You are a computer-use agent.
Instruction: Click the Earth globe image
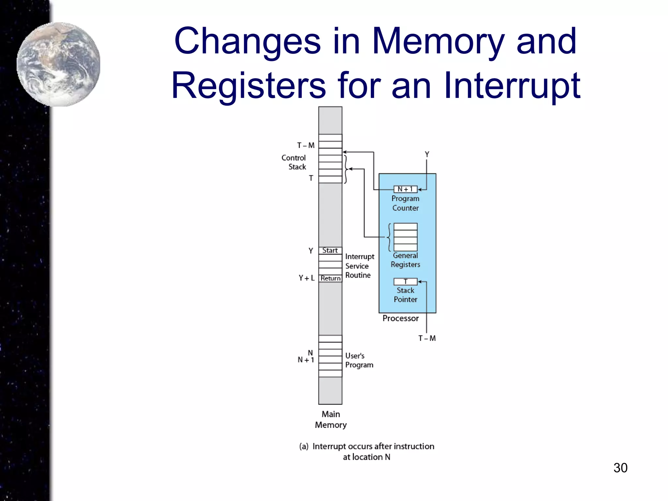pos(59,64)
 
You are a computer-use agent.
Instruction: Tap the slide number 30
pos(620,468)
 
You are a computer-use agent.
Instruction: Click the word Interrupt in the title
pos(512,85)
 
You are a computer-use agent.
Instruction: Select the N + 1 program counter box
pos(405,189)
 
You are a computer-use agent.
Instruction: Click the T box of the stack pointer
pos(405,281)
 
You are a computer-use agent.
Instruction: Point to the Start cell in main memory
pos(330,250)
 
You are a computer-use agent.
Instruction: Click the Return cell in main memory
pos(330,278)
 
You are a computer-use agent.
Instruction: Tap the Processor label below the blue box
pos(400,318)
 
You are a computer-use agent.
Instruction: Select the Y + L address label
pos(306,278)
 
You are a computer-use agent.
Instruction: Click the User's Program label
pos(359,360)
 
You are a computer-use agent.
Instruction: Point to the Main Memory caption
pos(330,419)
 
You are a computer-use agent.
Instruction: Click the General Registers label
pos(405,260)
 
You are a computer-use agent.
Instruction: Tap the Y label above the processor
pos(427,154)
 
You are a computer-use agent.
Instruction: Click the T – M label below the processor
pos(427,338)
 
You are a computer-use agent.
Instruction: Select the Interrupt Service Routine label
pos(359,266)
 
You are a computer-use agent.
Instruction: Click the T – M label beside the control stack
pos(306,145)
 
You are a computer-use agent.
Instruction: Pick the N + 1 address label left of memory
pos(306,360)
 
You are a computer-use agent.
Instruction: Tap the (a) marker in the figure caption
pos(304,446)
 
